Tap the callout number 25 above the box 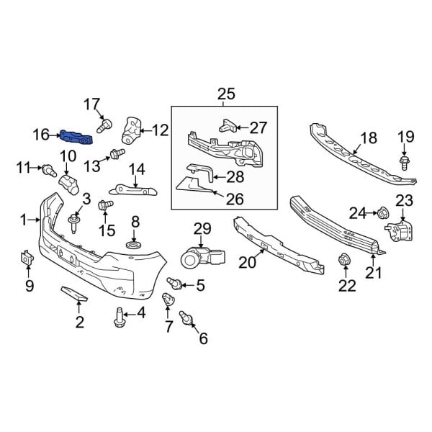pos(225,94)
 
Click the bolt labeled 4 pos(120,316)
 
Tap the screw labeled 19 pos(405,161)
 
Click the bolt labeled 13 pos(114,153)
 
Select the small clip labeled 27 pos(225,125)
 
